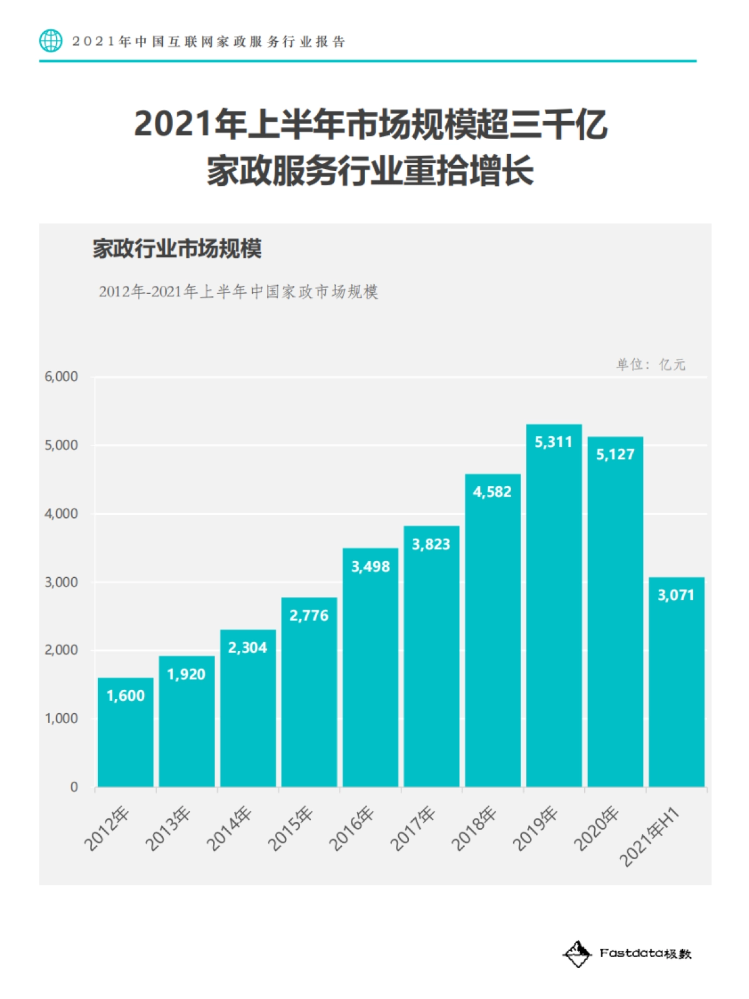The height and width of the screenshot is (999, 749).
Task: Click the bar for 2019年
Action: tap(554, 605)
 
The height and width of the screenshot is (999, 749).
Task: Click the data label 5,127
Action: tap(615, 454)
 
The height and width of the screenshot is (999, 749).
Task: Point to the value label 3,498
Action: tap(370, 567)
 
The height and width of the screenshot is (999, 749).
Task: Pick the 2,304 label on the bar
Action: tap(247, 648)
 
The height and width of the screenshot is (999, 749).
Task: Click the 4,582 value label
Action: tap(492, 492)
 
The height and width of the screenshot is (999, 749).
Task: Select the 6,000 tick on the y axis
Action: tap(61, 377)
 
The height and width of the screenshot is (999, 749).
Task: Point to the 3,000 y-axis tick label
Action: tap(61, 582)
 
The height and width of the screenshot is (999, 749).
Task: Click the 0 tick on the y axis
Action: tap(74, 787)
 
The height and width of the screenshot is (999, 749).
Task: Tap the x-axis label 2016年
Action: tap(351, 829)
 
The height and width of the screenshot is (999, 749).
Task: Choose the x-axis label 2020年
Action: tap(596, 829)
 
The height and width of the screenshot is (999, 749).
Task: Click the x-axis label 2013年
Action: tap(167, 829)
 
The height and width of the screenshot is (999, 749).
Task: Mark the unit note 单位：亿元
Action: tap(650, 364)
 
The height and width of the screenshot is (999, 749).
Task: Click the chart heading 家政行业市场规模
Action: tap(177, 248)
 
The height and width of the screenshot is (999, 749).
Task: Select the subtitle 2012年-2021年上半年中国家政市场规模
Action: tap(238, 291)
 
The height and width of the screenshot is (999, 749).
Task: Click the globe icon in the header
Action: tap(51, 41)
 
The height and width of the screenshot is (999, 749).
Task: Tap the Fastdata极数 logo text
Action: tap(645, 953)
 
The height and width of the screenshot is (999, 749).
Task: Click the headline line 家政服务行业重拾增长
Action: tap(370, 170)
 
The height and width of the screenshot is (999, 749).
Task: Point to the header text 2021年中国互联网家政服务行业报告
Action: tap(208, 42)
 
